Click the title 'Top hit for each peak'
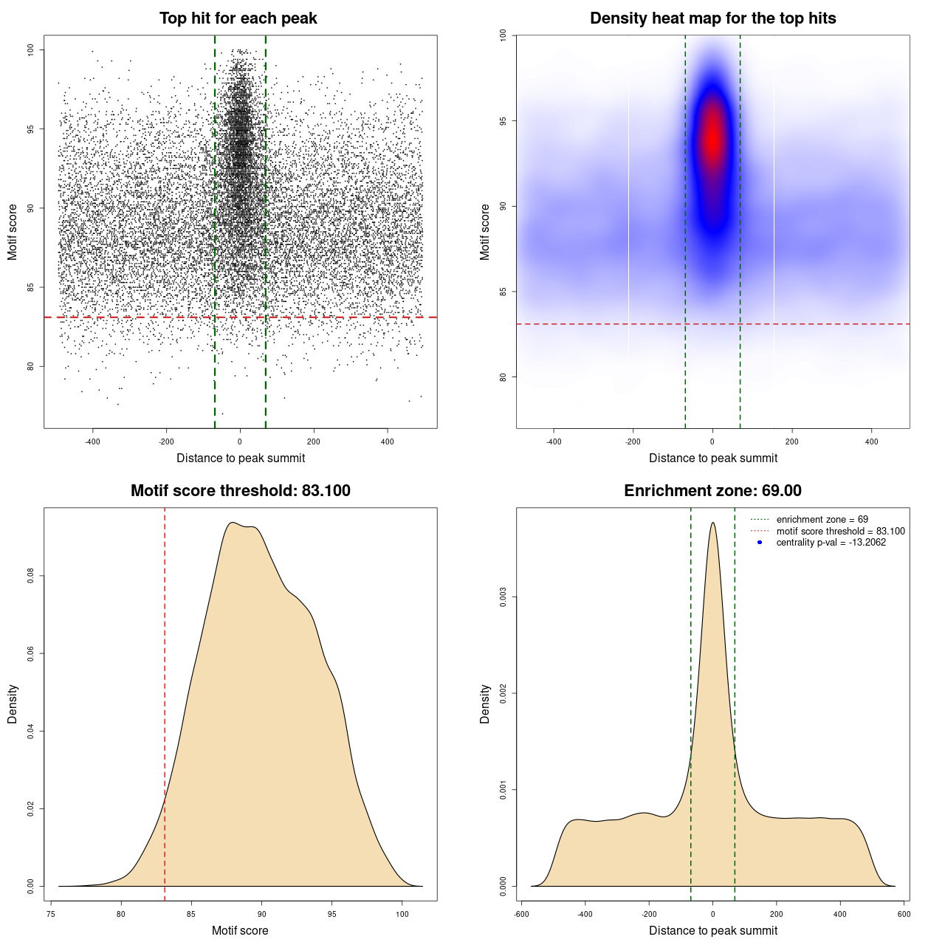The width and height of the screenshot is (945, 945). [238, 18]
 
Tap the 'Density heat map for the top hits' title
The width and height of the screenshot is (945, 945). [712, 18]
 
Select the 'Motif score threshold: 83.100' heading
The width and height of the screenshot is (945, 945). [240, 491]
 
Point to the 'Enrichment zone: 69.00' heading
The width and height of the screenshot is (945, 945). [712, 491]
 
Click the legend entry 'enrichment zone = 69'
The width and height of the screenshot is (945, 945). [822, 520]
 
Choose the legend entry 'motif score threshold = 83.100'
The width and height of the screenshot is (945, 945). [840, 531]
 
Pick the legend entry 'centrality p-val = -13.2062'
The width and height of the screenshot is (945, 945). [831, 543]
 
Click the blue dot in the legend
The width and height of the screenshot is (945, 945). [760, 543]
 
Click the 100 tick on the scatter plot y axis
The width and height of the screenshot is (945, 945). [31, 49]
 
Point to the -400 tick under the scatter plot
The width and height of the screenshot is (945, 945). [92, 441]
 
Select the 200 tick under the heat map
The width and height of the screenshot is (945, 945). [792, 441]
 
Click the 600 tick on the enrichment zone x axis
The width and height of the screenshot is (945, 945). [904, 914]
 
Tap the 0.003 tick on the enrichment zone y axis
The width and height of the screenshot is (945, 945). [504, 597]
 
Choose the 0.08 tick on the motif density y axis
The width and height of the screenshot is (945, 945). [31, 576]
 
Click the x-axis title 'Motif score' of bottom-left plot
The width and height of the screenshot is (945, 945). [240, 930]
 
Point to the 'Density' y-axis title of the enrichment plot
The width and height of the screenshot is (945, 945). [485, 704]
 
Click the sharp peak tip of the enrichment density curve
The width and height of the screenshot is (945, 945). [712, 523]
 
